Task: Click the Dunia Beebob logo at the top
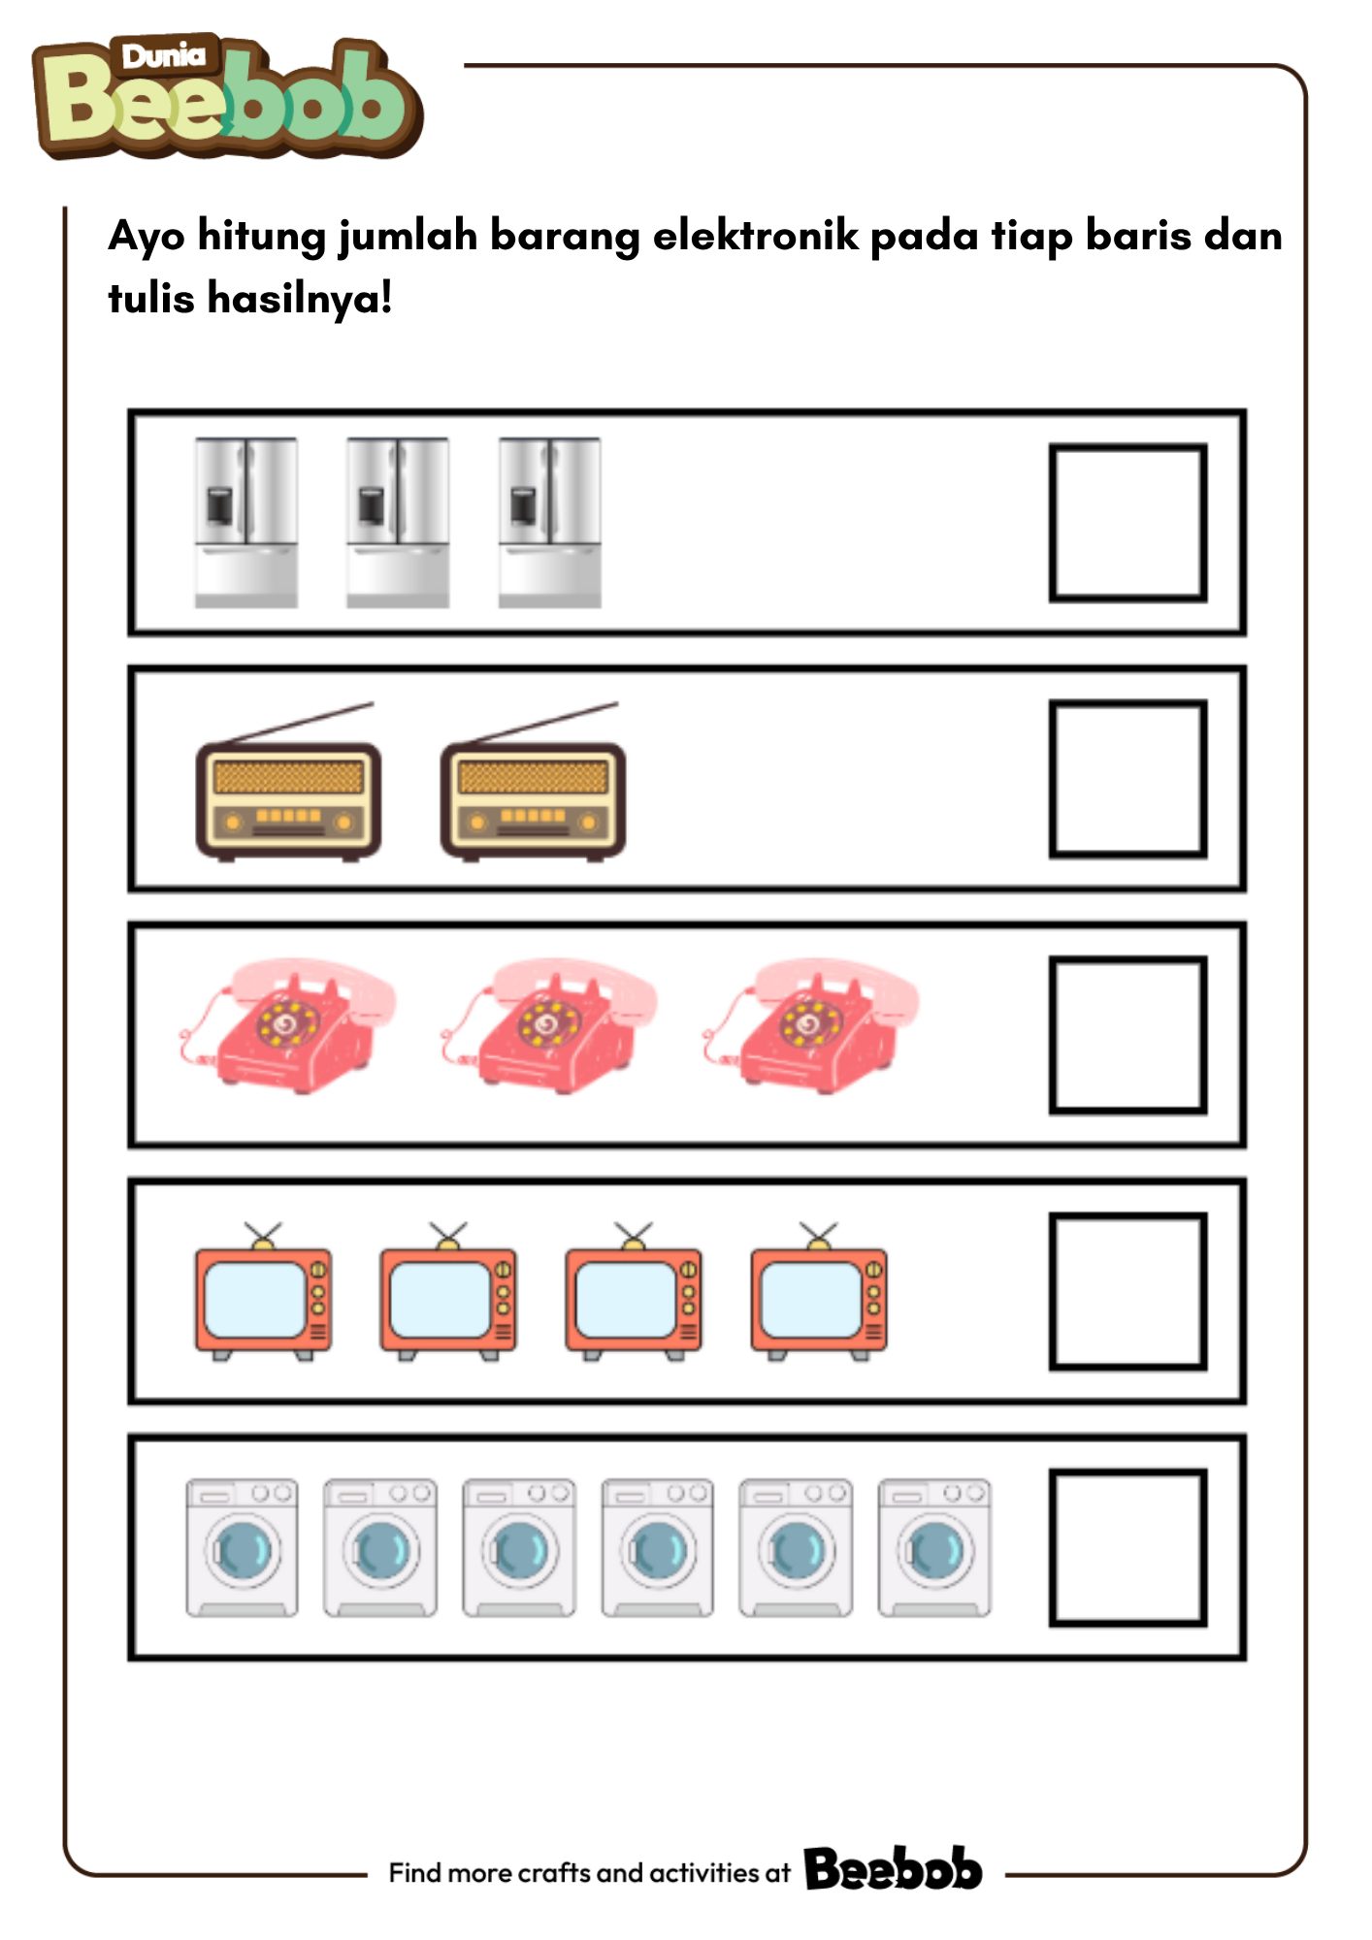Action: pos(228,97)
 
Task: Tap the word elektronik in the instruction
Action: pos(756,236)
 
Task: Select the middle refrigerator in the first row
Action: pos(398,523)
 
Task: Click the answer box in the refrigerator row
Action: pos(1127,523)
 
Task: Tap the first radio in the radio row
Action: pos(288,782)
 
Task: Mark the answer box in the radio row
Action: pos(1127,779)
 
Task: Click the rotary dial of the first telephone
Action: pos(286,1022)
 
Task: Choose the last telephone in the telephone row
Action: pos(810,1026)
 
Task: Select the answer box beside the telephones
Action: pos(1127,1035)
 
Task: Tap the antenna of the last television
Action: pos(818,1235)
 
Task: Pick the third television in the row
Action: pos(634,1292)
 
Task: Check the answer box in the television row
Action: pos(1127,1291)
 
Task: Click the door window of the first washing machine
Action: pos(243,1550)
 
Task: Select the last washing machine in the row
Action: pos(934,1547)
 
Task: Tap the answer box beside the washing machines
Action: pos(1127,1547)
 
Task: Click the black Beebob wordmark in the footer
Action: pos(893,1868)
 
